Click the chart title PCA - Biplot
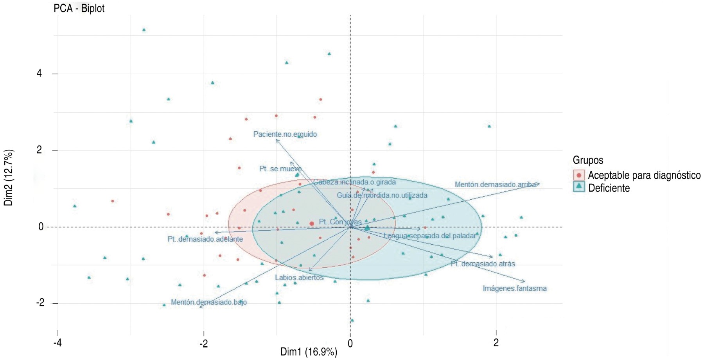tap(79, 8)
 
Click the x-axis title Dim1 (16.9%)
tap(309, 352)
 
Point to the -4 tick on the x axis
tap(58, 343)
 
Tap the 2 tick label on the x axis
tap(496, 343)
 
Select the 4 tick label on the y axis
tap(39, 73)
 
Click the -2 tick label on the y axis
tap(40, 303)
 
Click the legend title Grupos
tap(588, 160)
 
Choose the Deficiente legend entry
tap(609, 188)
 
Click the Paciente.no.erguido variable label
tap(285, 134)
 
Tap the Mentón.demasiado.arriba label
tap(495, 184)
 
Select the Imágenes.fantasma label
tap(514, 288)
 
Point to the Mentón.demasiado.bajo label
tap(208, 302)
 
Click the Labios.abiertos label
tap(299, 278)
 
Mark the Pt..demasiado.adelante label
tap(205, 239)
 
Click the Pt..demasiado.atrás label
tap(483, 264)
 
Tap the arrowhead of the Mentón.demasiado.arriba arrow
tap(539, 183)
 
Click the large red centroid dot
tap(312, 224)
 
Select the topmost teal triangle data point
tap(144, 30)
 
